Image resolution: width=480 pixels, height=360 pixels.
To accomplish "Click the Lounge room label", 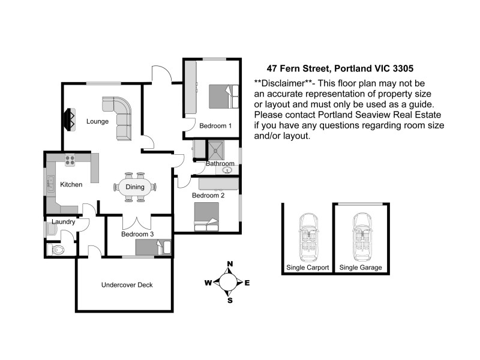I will click(97, 121).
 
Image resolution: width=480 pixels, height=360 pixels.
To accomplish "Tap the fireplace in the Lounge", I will click(70, 119).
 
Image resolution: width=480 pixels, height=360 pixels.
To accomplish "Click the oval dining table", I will click(135, 187).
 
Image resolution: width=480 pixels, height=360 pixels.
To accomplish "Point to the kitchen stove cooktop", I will click(70, 160).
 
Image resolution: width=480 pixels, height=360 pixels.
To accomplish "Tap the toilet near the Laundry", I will click(57, 249).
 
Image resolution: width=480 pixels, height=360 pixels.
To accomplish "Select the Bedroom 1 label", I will click(215, 125).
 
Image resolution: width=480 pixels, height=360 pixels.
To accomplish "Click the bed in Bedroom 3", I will click(153, 248).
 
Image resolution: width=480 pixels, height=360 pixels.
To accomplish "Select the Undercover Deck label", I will click(127, 285).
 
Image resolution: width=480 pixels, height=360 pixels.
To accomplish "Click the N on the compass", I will click(229, 264).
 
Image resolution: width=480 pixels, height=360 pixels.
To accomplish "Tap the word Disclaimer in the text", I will click(284, 83).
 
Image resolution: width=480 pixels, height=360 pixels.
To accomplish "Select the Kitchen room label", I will click(71, 184).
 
